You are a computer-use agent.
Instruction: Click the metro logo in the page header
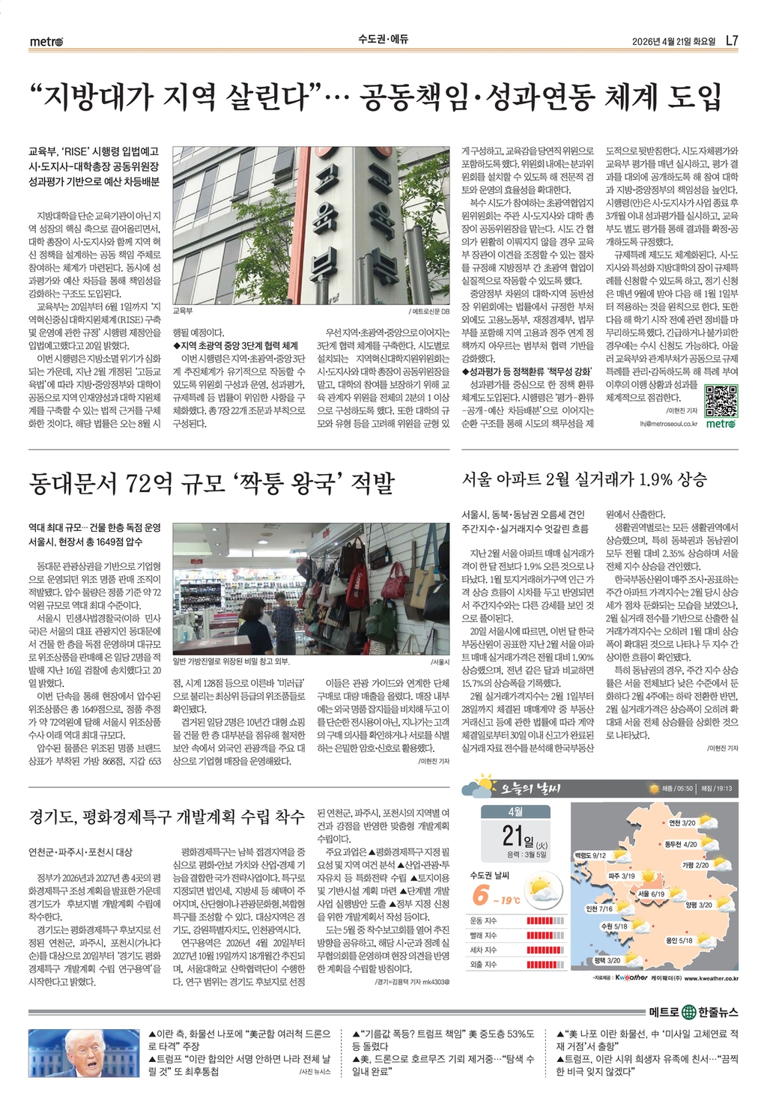pos(46,41)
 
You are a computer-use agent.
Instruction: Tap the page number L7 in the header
pos(732,40)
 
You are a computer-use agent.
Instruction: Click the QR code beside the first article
pos(721,401)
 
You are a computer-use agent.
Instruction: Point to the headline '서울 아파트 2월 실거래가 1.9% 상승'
pos(583,479)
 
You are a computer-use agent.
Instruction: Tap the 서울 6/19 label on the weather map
pos(651,894)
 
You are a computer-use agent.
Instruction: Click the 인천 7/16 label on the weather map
pos(598,909)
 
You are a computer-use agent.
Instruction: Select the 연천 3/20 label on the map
pos(682,822)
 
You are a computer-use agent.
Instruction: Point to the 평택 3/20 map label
pos(607,960)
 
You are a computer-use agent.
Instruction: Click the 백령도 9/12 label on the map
pos(590,855)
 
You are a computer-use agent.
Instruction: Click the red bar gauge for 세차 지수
pos(545,950)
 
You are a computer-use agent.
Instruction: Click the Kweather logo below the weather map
pos(631,977)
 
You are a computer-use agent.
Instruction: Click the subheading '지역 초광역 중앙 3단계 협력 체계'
pos(236,345)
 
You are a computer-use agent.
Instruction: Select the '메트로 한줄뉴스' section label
pos(694,1012)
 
